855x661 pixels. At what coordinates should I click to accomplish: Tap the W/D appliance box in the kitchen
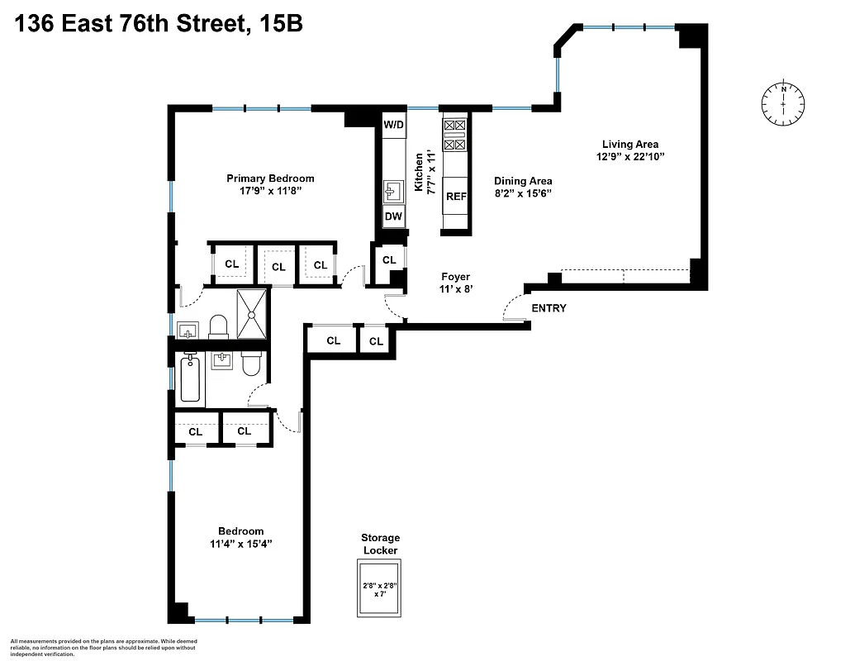[393, 126]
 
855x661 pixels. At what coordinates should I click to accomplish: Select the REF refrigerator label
[456, 197]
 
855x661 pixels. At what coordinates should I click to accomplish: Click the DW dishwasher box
[393, 217]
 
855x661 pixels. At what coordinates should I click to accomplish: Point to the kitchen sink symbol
[392, 192]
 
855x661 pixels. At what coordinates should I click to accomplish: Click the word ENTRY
[549, 308]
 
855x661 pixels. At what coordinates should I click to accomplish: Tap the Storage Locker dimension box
[379, 588]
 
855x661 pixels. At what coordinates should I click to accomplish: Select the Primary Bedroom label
[270, 178]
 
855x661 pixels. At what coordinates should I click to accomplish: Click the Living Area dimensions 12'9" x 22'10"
[630, 156]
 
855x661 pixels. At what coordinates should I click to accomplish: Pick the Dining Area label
[523, 181]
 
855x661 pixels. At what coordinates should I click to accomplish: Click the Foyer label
[455, 277]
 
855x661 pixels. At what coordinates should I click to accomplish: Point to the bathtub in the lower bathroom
[190, 378]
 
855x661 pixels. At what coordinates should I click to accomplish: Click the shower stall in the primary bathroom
[253, 314]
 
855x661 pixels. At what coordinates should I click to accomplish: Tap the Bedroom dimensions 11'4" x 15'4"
[240, 544]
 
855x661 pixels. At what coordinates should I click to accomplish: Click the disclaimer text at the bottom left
[104, 647]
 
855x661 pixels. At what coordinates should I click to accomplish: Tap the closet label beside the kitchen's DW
[389, 259]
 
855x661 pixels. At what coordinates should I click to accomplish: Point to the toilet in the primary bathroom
[219, 326]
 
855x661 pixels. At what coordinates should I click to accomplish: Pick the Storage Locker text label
[379, 544]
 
